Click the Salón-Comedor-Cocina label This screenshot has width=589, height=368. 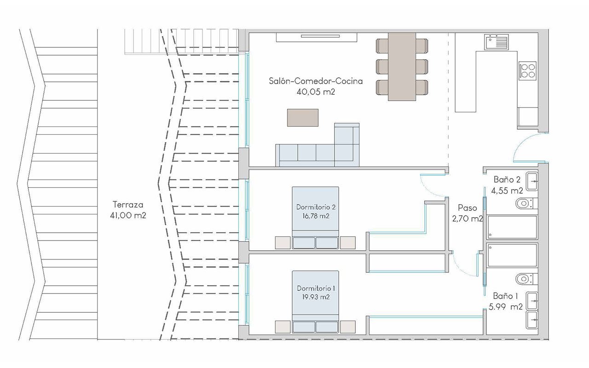click(x=316, y=81)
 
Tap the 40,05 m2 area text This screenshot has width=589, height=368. click(x=316, y=92)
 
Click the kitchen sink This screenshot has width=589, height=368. click(x=497, y=42)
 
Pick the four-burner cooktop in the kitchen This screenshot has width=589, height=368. click(x=528, y=70)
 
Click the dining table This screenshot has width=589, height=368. click(x=402, y=67)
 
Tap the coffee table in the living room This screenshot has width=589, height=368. click(x=303, y=117)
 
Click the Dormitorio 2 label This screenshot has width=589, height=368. click(x=316, y=207)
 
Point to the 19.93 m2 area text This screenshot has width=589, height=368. click(x=316, y=297)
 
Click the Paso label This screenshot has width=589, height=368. click(x=467, y=208)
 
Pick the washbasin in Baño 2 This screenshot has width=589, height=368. click(x=532, y=181)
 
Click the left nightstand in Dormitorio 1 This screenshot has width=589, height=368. click(x=283, y=326)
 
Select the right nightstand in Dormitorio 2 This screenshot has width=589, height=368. click(x=348, y=242)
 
